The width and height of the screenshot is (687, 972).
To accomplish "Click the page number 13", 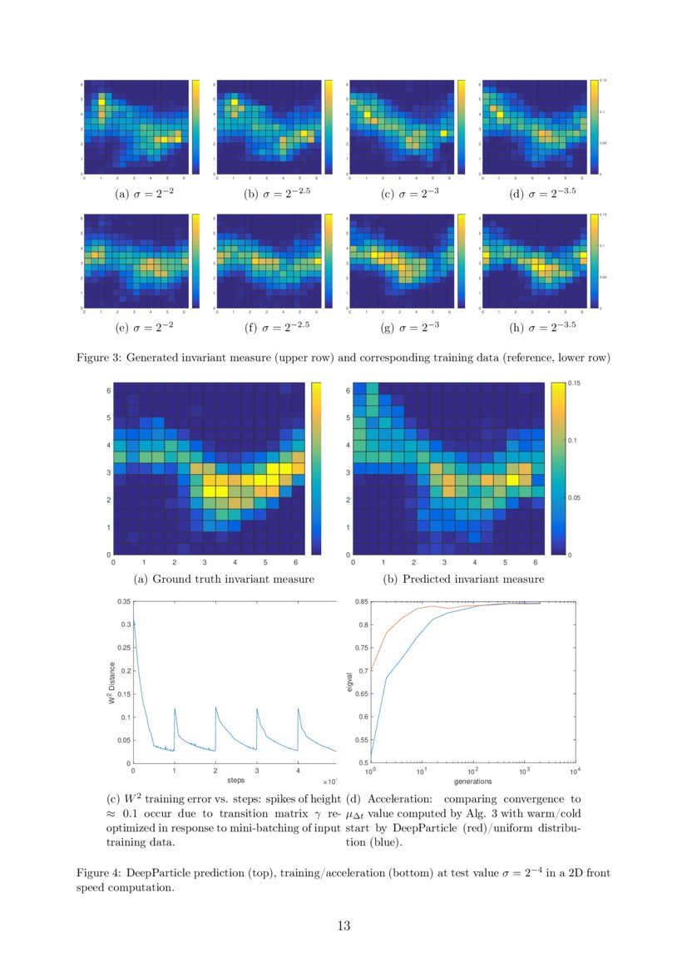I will pyautogui.click(x=343, y=926).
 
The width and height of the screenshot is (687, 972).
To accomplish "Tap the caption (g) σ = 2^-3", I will pyautogui.click(x=410, y=328).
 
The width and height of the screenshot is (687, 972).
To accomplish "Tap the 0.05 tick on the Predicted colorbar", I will pyautogui.click(x=574, y=497).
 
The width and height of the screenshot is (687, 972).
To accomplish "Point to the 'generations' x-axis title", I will pyautogui.click(x=472, y=782).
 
